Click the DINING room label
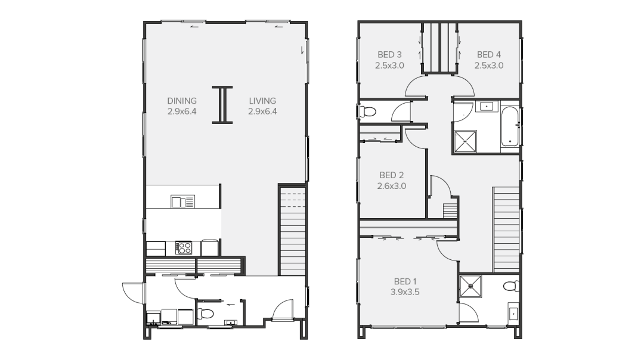182,101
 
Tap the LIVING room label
262,101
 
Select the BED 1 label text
405,281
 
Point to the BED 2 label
391,175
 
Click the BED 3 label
389,55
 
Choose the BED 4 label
489,55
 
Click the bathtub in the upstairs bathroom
509,127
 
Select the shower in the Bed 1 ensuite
470,286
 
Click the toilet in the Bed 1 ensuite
512,285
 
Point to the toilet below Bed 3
368,111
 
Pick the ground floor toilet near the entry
205,314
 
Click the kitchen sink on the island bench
183,201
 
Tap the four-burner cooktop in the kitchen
184,248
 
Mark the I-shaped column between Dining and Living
222,105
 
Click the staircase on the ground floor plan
292,231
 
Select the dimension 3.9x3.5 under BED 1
405,292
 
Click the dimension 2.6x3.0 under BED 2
391,186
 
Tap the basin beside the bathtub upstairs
487,106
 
